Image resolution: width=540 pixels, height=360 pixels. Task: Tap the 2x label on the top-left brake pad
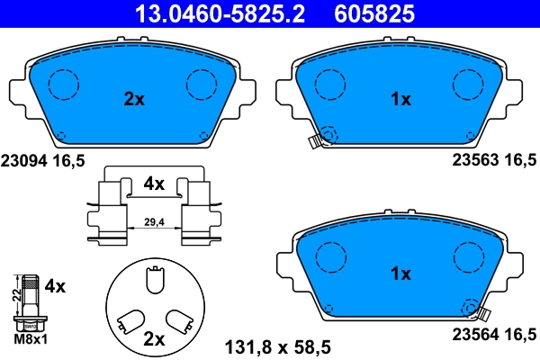point(133,100)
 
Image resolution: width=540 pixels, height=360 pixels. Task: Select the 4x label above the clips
point(154,184)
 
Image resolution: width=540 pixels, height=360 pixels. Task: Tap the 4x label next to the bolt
point(55,287)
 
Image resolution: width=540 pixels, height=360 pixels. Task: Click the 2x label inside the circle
point(154,339)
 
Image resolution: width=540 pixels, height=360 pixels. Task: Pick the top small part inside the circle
point(154,283)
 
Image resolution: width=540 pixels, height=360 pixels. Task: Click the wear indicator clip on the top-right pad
point(316,140)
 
